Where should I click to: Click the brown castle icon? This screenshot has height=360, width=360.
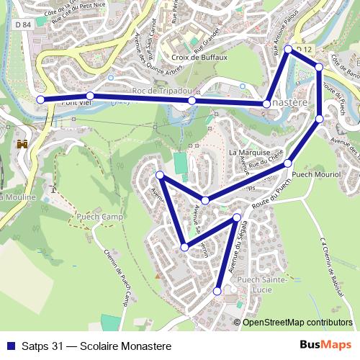pyautogui.click(x=22, y=144)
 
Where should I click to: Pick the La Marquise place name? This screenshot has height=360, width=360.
pyautogui.click(x=249, y=153)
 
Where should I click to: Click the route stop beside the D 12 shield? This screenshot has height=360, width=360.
pyautogui.click(x=289, y=49)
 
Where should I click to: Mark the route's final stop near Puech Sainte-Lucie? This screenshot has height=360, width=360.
pyautogui.click(x=217, y=291)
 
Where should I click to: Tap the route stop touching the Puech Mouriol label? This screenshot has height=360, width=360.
pyautogui.click(x=288, y=163)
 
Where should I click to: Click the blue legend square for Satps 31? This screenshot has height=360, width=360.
pyautogui.click(x=10, y=346)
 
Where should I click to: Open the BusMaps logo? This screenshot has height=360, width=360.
pyautogui.click(x=322, y=345)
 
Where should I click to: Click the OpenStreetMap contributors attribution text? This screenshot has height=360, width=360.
pyautogui.click(x=297, y=322)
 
